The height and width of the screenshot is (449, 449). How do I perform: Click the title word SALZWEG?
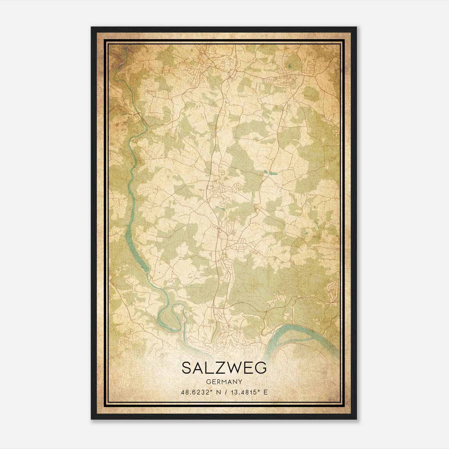[x=224, y=368]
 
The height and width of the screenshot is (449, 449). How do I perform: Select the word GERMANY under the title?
[x=224, y=382]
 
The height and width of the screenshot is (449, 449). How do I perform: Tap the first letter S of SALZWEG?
[x=187, y=368]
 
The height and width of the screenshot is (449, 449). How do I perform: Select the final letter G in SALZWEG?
[x=261, y=368]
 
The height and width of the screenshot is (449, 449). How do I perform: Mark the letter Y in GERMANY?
[x=240, y=382]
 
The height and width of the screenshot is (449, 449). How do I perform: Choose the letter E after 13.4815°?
[x=265, y=392]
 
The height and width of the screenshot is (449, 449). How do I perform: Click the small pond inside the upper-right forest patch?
[x=289, y=67]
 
